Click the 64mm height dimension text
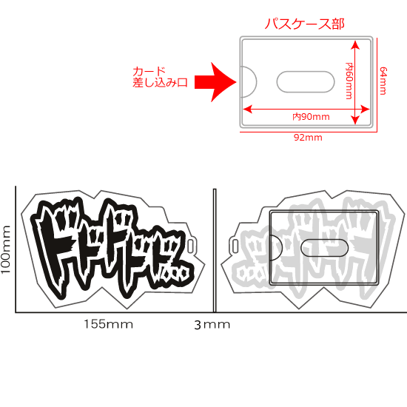pos(383,81)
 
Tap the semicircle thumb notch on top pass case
pos(247,80)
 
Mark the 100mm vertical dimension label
pos(7,250)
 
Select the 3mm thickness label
pos(212,324)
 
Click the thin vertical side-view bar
pos(213,250)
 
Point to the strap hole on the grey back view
pos(235,246)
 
